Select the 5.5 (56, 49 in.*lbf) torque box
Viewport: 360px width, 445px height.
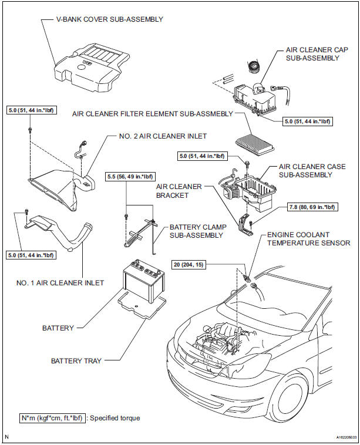tap(130, 176)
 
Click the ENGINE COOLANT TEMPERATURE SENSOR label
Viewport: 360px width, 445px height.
tap(308, 238)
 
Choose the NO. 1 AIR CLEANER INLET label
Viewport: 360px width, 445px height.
tap(60, 282)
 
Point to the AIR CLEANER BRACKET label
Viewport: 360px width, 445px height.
tap(179, 191)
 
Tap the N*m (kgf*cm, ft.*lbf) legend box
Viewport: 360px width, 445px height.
tap(50, 418)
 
